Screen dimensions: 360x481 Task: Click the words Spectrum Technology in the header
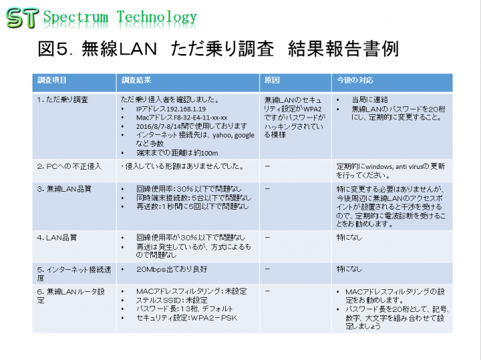tap(120, 17)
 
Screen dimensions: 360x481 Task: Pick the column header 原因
tap(273, 81)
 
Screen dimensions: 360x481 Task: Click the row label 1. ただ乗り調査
tap(63, 99)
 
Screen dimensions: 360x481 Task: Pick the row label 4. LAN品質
tap(57, 237)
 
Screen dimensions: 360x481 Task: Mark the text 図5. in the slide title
tap(59, 49)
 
